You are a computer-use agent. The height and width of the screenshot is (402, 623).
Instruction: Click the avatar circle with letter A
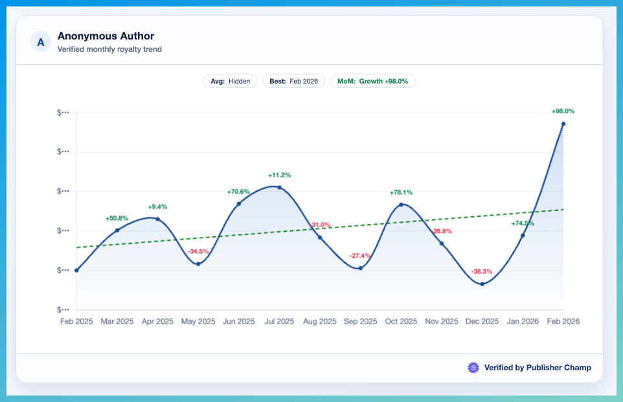(x=41, y=42)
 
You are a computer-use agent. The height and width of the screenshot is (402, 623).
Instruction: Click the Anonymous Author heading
(x=106, y=36)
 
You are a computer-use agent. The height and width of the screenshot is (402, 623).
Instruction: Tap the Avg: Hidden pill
(x=231, y=82)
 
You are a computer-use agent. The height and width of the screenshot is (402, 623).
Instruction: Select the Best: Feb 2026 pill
(x=294, y=82)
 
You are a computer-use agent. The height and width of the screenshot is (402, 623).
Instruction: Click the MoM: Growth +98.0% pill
(x=372, y=82)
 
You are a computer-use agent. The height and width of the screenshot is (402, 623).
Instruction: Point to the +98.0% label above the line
(x=563, y=111)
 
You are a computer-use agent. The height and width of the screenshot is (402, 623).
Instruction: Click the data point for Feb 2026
(x=563, y=124)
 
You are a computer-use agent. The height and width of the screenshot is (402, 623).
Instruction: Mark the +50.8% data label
(x=117, y=219)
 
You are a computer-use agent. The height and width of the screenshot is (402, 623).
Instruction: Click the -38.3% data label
(x=482, y=271)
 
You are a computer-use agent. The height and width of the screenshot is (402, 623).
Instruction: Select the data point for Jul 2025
(x=279, y=187)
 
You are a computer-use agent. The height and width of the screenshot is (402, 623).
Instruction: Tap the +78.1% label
(x=401, y=192)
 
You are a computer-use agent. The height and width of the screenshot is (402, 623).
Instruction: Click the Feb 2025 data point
(x=76, y=270)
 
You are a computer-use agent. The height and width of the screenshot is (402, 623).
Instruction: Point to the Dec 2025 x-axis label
(x=482, y=322)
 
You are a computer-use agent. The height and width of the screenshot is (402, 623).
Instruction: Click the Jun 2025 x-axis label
(x=238, y=322)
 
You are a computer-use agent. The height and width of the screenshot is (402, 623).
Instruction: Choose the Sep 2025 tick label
(x=360, y=322)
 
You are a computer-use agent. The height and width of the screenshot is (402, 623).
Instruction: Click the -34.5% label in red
(x=198, y=251)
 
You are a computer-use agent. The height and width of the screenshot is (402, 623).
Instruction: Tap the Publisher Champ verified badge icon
(x=473, y=368)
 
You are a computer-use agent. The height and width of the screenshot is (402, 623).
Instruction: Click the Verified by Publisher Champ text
(x=538, y=368)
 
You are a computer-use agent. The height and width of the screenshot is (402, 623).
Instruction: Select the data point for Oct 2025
(x=401, y=205)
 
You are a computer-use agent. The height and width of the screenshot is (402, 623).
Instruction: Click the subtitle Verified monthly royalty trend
(x=109, y=49)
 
